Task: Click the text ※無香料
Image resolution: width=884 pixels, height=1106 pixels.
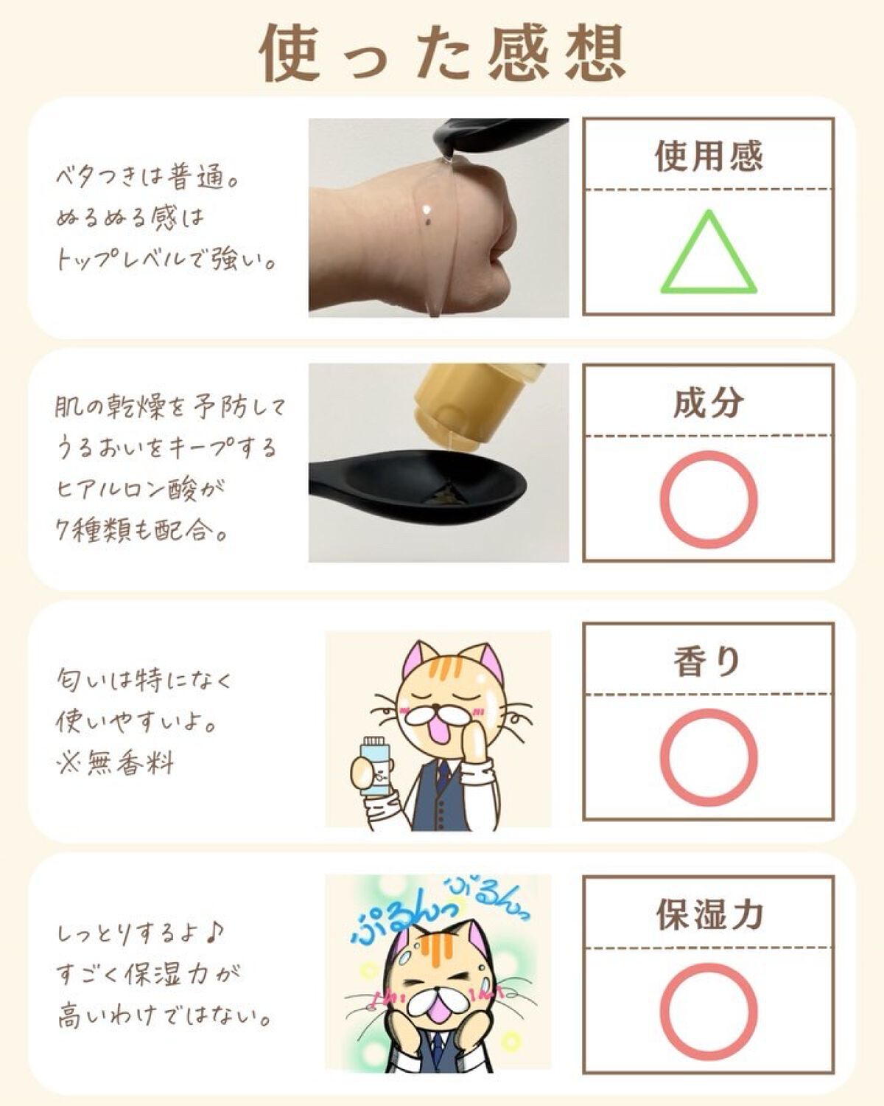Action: point(114,762)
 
